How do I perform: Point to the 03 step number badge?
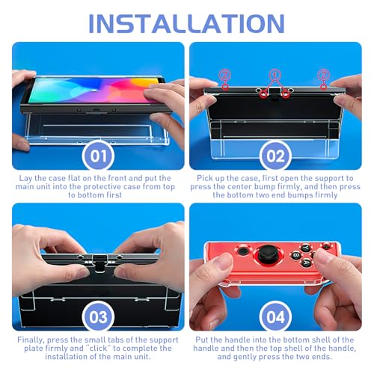(99, 316)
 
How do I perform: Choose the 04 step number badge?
(276, 316)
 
